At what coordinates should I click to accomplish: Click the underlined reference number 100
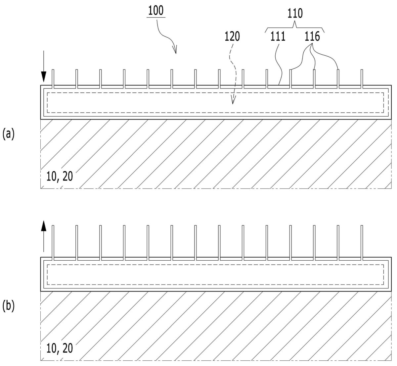coord(156,11)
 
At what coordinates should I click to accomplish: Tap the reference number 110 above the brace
coord(295,14)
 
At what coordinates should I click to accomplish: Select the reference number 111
coord(278,37)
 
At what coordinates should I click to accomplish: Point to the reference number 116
coord(312,37)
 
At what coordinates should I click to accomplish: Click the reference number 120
coord(232,37)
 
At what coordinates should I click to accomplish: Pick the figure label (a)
coord(8,134)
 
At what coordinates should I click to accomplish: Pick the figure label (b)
coord(8,306)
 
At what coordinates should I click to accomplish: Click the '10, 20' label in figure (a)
coord(60,177)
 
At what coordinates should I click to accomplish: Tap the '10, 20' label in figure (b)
coord(60,348)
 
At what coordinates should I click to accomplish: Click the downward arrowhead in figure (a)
coord(44,77)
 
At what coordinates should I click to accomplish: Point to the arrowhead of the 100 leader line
coord(175,50)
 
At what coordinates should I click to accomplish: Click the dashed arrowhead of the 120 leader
coord(233,100)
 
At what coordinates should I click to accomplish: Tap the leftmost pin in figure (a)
coord(53,79)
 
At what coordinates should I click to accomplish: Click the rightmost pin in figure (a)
coord(362,79)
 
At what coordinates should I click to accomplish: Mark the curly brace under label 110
coord(295,28)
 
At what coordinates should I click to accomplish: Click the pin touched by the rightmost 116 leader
coord(338,79)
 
